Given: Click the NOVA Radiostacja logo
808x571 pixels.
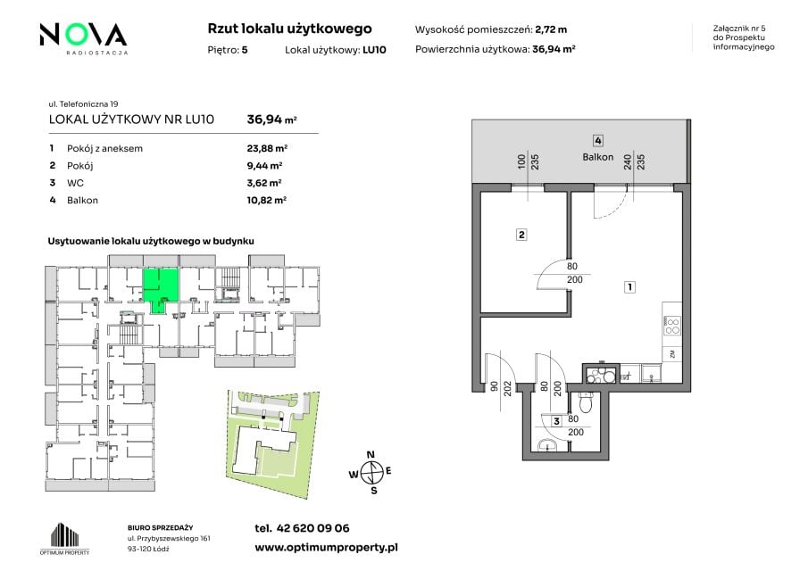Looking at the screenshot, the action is pyautogui.click(x=83, y=38).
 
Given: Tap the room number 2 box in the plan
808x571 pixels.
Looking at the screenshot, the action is pyautogui.click(x=521, y=235).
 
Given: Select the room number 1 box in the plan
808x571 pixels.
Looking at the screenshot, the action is pyautogui.click(x=629, y=286).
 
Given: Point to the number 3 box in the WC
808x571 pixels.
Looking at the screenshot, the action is pyautogui.click(x=556, y=421).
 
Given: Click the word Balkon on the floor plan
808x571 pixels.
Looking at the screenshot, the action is pyautogui.click(x=598, y=157).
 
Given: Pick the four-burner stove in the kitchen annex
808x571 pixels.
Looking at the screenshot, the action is pyautogui.click(x=672, y=326).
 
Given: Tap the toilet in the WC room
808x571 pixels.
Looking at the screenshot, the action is pyautogui.click(x=586, y=401).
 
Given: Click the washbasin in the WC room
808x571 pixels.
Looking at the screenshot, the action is pyautogui.click(x=546, y=445).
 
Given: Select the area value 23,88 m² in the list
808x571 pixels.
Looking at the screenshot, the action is pyautogui.click(x=267, y=148).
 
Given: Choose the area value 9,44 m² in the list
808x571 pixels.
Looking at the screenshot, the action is pyautogui.click(x=264, y=166).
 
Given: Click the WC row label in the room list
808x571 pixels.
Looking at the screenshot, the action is pyautogui.click(x=75, y=183).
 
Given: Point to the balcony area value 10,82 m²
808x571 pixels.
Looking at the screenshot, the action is pyautogui.click(x=266, y=200).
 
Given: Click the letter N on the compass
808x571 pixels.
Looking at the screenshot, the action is pyautogui.click(x=371, y=455).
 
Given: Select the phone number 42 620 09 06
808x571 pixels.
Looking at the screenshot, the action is pyautogui.click(x=312, y=528).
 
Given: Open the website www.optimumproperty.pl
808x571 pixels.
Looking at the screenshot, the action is pyautogui.click(x=326, y=547).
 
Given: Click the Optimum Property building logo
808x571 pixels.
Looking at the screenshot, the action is pyautogui.click(x=65, y=538).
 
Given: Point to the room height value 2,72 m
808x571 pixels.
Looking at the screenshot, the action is pyautogui.click(x=551, y=29).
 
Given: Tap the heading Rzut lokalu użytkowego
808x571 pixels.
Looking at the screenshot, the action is pyautogui.click(x=289, y=29).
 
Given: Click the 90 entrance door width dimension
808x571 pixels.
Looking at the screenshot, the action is pyautogui.click(x=494, y=385).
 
